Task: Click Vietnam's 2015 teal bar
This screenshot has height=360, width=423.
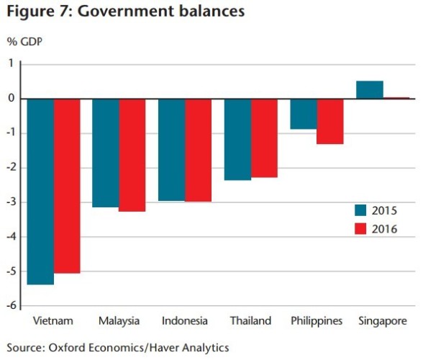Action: click(x=40, y=192)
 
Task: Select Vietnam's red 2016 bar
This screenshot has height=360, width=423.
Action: click(x=67, y=186)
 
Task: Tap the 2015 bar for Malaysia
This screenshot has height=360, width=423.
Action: click(x=106, y=153)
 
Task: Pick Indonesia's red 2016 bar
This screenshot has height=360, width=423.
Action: click(x=199, y=150)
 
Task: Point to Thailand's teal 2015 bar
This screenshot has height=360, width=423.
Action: click(x=237, y=140)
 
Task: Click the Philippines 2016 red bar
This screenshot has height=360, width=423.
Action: click(x=330, y=122)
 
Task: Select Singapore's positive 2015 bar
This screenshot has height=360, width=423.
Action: click(x=370, y=90)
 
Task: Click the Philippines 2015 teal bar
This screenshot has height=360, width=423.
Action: click(x=304, y=114)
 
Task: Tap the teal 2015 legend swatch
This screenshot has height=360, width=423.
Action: click(x=360, y=210)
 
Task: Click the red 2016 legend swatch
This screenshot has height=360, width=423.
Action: click(x=360, y=229)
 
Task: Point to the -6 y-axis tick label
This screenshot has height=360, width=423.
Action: click(x=12, y=305)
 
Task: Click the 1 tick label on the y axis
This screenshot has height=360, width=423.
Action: click(x=11, y=63)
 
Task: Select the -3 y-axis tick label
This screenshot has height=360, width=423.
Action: click(x=12, y=202)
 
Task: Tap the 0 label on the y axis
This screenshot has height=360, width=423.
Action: click(x=11, y=98)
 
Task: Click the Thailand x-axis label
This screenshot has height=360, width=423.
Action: click(x=250, y=321)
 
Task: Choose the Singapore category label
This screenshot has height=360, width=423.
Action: click(x=383, y=321)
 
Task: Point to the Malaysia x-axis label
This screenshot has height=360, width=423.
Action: click(x=119, y=321)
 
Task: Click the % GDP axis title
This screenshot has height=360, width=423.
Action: click(x=24, y=42)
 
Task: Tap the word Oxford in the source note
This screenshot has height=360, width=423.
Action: click(x=67, y=348)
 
